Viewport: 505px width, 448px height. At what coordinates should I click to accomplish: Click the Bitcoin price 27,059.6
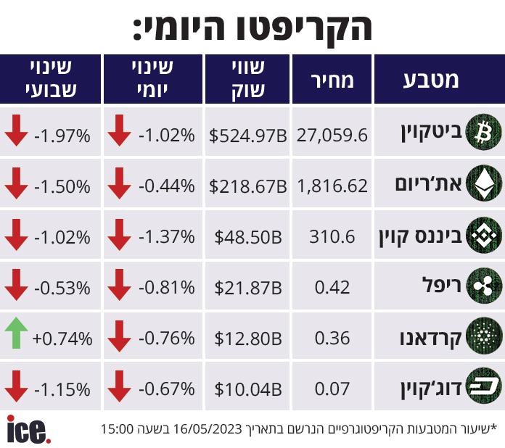[332, 135]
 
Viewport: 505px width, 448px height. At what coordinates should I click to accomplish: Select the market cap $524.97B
[248, 135]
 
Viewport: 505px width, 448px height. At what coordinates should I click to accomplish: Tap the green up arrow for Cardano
[16, 338]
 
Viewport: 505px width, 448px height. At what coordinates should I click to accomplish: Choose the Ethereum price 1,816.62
[332, 186]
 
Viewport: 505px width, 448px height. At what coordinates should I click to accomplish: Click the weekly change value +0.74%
[62, 339]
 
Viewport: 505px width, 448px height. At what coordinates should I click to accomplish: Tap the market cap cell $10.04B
[248, 390]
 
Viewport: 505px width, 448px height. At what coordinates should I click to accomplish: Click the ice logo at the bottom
[28, 429]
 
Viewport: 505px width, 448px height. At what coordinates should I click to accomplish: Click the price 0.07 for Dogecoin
[332, 390]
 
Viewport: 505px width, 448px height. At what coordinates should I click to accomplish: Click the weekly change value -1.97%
[62, 135]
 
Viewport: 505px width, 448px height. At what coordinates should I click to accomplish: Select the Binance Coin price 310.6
[332, 236]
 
